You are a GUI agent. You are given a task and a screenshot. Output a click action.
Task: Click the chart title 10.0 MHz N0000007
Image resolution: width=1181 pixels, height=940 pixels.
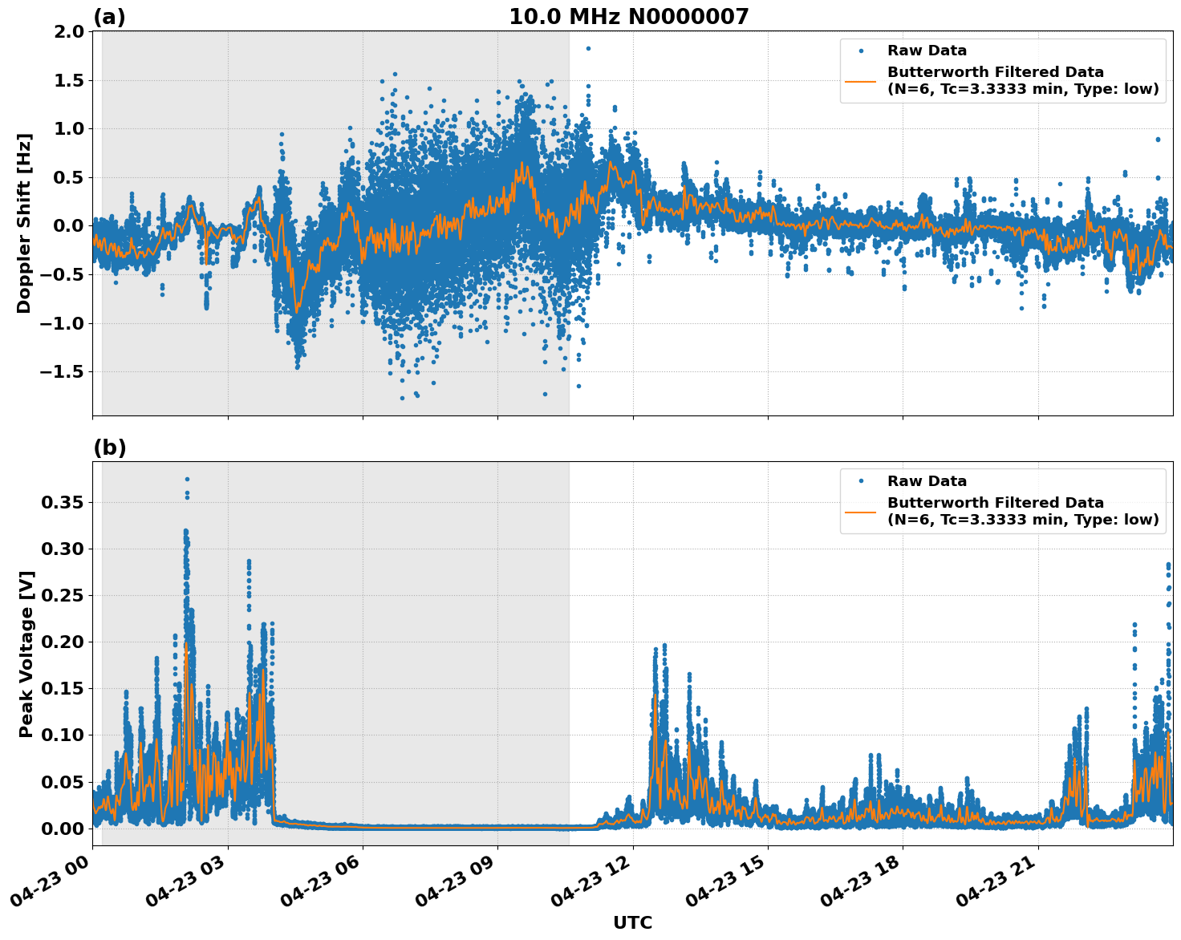[x=628, y=17]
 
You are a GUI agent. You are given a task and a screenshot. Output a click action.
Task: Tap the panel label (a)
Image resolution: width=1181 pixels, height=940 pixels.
[x=109, y=17]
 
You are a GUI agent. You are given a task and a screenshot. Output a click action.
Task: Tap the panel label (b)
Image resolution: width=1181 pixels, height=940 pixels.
[x=109, y=448]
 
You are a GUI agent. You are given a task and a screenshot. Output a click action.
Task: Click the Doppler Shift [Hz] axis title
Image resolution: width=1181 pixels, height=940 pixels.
[x=24, y=223]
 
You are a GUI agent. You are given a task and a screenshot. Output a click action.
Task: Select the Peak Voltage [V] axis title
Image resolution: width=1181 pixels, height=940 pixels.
[x=26, y=654]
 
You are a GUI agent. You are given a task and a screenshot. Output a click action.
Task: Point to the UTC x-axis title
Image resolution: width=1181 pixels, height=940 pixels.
[x=632, y=922]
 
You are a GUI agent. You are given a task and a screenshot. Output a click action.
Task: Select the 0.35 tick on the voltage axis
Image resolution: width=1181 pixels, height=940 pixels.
[x=62, y=503]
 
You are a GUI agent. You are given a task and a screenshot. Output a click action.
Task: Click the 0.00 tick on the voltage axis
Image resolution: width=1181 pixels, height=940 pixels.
[x=62, y=829]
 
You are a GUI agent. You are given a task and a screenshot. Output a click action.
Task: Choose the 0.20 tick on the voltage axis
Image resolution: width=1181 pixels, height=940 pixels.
[x=62, y=642]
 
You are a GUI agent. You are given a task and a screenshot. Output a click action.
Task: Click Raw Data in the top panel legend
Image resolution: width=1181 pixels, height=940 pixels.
[x=927, y=51]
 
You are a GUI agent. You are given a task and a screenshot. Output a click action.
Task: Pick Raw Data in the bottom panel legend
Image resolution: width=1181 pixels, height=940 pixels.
[x=927, y=481]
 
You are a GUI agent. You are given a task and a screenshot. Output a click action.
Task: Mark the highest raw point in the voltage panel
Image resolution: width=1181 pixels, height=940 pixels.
[x=187, y=479]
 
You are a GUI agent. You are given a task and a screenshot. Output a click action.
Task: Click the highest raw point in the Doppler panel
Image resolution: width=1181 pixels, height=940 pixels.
[x=588, y=48]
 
